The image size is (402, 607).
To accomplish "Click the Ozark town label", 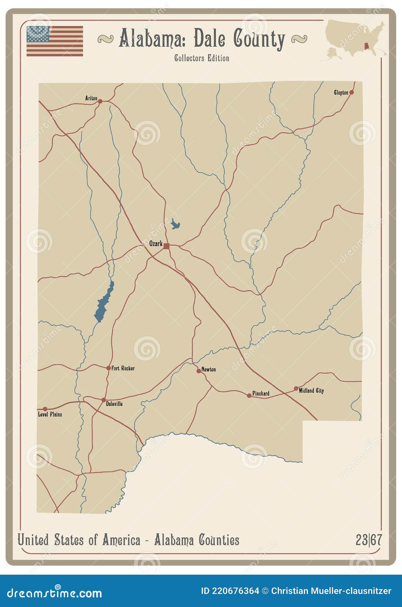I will point(156,244).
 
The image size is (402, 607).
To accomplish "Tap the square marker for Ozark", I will point(166,246).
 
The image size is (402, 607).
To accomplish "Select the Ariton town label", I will point(91,98).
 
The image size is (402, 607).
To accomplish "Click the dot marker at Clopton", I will point(351,92).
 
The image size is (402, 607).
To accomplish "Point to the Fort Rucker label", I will point(123,368).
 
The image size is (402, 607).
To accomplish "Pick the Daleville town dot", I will point(103,400).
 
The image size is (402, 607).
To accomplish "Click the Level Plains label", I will point(50,414).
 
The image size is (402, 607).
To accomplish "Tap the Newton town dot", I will point(198,371).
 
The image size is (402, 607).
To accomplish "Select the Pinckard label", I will point(261,393).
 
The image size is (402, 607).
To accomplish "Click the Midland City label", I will point(311,390).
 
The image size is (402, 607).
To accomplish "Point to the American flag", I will point(55,41).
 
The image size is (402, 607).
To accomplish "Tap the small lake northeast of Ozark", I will point(175,224).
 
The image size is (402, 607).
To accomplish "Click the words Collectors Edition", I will point(202,58).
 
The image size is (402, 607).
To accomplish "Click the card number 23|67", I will point(369,540).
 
